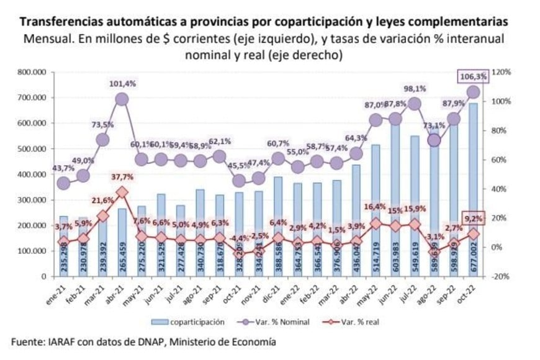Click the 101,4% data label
[x=122, y=84]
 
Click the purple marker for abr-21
[x=122, y=99]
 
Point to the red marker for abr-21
[x=122, y=192]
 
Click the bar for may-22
[x=376, y=210]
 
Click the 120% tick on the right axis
[x=500, y=72]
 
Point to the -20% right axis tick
[x=500, y=276]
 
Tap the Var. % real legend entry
[x=361, y=322]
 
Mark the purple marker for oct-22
[x=473, y=92]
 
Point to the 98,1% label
[x=415, y=89]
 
